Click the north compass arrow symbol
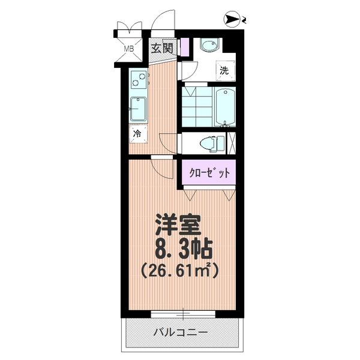tap(231, 20)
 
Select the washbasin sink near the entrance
tap(209, 46)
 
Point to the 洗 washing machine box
tap(224, 70)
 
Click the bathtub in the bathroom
tap(225, 107)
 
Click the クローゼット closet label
tap(209, 173)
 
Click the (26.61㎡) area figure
tap(179, 269)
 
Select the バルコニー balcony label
tap(181, 332)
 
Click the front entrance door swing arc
tap(162, 21)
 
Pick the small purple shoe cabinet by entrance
tap(185, 46)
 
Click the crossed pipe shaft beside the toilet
tap(232, 143)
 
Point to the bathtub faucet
tap(225, 125)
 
